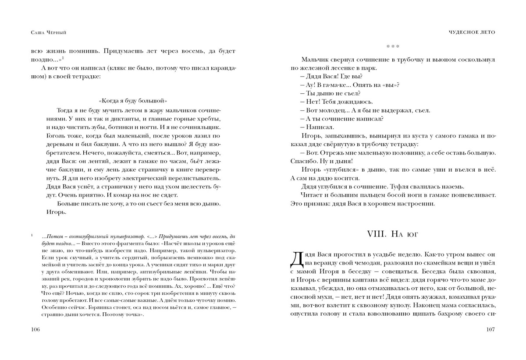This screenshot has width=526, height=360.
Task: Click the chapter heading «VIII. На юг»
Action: click(x=392, y=234)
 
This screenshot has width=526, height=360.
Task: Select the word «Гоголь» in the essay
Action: click(x=56, y=137)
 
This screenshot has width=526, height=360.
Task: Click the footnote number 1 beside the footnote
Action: click(x=32, y=236)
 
